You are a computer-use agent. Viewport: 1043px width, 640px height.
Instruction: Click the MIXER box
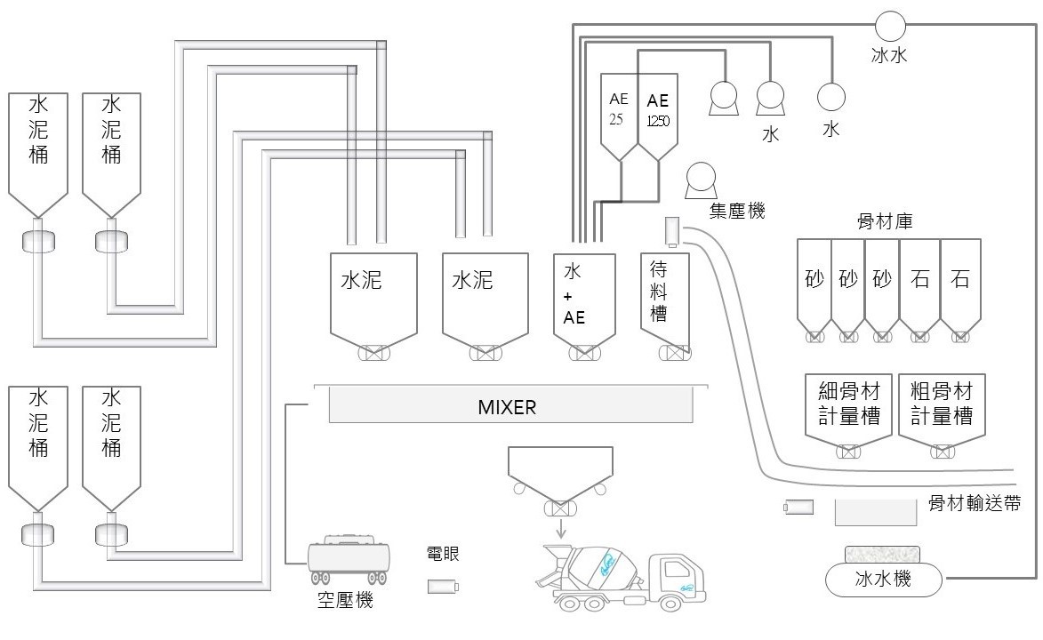[510, 407]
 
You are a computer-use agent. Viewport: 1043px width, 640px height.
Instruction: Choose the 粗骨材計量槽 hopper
[942, 406]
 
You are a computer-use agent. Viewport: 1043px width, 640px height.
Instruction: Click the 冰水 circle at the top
[889, 25]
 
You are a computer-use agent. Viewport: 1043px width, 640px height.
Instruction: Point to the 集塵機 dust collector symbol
[702, 181]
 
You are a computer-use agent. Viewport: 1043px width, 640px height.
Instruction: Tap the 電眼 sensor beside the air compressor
[442, 587]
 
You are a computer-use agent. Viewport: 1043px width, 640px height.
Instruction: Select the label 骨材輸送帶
[974, 503]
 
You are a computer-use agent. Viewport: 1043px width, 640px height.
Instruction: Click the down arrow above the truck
[560, 528]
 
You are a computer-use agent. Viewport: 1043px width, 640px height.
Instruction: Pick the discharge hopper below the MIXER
[559, 468]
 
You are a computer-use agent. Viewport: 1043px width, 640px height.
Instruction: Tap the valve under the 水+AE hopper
[582, 353]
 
